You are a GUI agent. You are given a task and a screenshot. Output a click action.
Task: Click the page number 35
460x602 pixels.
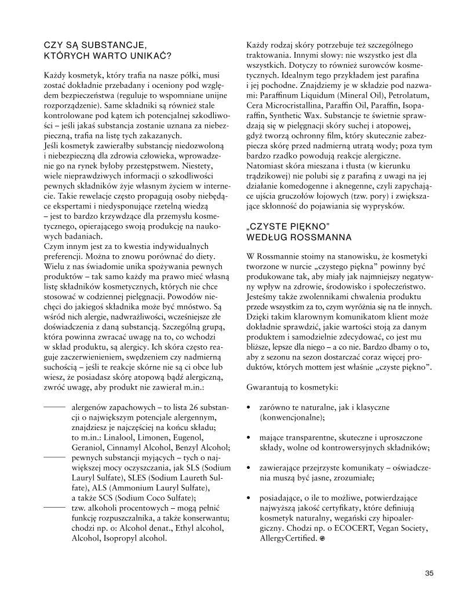pos(429,574)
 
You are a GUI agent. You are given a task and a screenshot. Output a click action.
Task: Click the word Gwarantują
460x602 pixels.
pos(269,385)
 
